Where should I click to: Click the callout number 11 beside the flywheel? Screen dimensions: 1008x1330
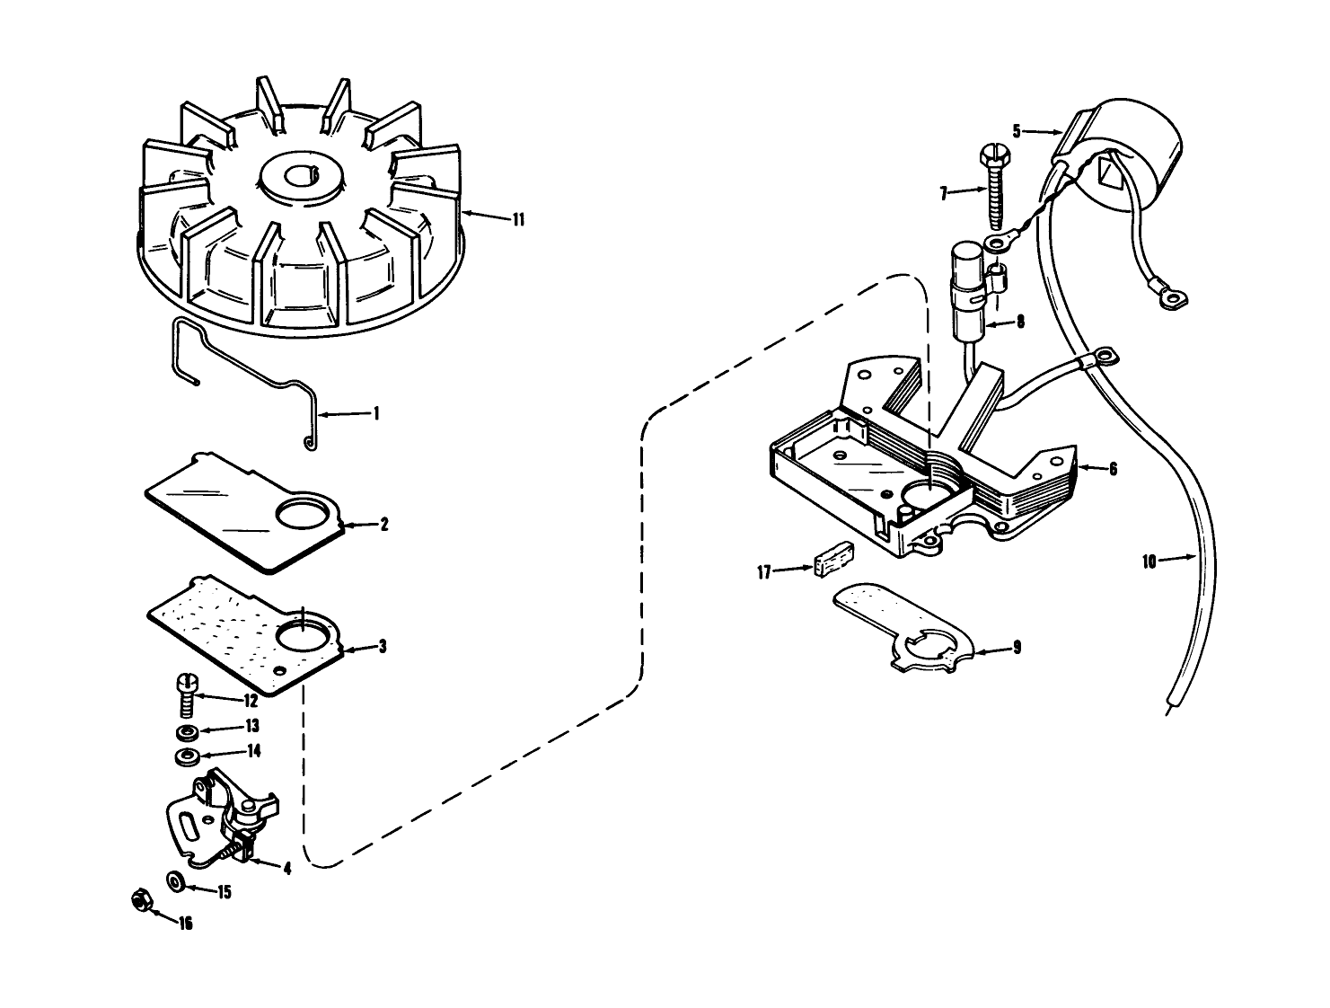tap(518, 220)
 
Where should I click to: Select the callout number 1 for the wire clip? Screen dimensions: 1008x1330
tap(376, 414)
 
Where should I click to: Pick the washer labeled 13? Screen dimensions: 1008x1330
tap(187, 732)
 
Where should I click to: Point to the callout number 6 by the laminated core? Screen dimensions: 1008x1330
tap(1113, 469)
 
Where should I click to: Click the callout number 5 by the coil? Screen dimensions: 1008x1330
tap(1017, 131)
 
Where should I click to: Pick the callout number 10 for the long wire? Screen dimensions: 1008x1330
tap(1149, 562)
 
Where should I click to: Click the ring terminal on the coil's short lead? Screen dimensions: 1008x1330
tap(1169, 296)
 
